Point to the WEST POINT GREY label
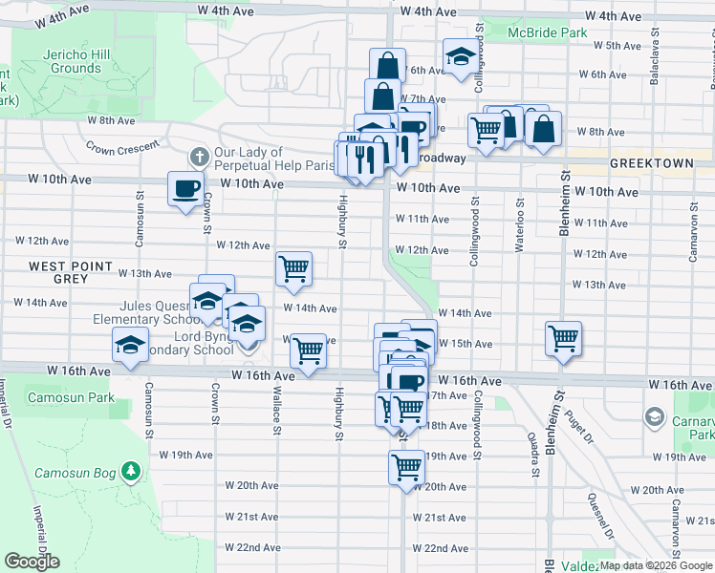click(x=57, y=272)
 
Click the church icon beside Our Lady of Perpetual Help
click(x=199, y=156)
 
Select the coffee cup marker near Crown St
click(x=185, y=188)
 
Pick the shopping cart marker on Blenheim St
click(x=563, y=337)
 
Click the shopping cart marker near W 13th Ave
click(x=293, y=268)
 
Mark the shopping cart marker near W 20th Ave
click(x=406, y=467)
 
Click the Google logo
click(x=32, y=562)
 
